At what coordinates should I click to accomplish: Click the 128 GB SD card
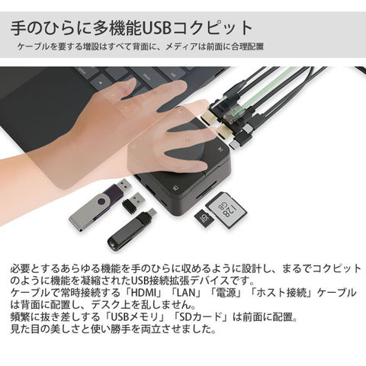(226, 210)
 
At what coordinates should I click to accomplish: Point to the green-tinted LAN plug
(232, 114)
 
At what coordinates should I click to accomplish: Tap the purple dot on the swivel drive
(101, 202)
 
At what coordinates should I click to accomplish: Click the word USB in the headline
(156, 27)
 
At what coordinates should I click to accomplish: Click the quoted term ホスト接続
(284, 293)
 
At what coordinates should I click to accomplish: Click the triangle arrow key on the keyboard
(101, 82)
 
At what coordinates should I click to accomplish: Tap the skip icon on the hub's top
(220, 149)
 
